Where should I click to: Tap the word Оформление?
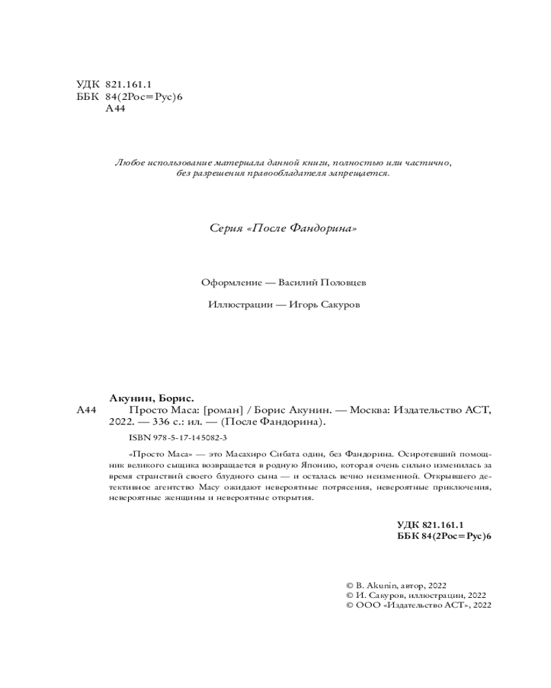tap(229, 283)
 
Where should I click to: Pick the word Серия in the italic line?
tap(225, 228)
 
